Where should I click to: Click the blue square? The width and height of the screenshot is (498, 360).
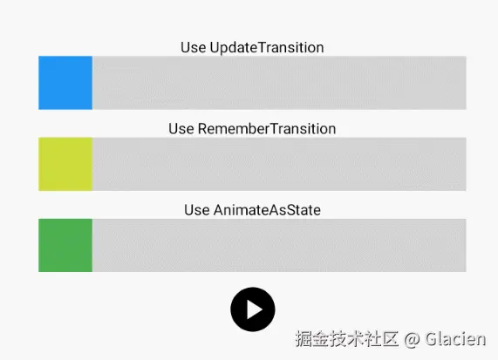65,83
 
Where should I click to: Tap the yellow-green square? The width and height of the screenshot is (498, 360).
65,164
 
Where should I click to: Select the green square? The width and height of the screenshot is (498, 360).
65,245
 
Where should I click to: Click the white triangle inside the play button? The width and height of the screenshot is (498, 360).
254,309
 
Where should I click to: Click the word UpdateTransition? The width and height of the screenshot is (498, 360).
267,47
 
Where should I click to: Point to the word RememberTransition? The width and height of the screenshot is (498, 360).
267,128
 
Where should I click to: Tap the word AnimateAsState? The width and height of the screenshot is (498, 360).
267,209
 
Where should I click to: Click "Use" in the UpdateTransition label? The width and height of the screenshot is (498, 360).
193,47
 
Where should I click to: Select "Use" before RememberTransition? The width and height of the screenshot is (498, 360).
181,128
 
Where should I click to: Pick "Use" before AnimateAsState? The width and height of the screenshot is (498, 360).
196,209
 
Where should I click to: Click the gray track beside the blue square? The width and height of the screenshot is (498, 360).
279,83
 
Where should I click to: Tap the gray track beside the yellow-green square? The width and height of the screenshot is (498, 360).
279,164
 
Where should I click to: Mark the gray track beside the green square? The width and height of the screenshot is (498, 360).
279,245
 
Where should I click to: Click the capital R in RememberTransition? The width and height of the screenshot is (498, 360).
203,128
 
